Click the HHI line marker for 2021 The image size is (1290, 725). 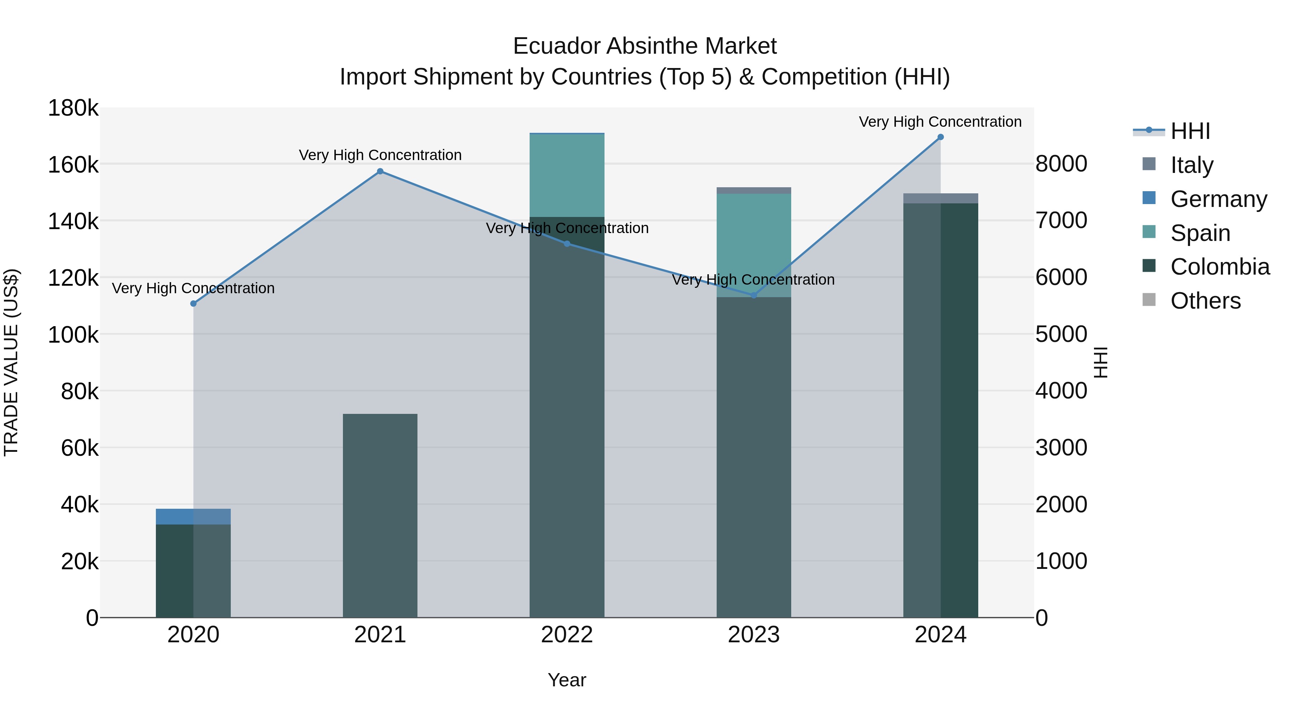[x=380, y=171]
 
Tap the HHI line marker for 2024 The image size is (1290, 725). [x=941, y=137]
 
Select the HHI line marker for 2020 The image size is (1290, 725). [x=193, y=304]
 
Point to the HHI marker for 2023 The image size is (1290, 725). [x=754, y=296]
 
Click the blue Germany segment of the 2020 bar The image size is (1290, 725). [x=193, y=516]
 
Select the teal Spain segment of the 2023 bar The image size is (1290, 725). [x=754, y=245]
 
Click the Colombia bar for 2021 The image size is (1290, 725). [x=380, y=515]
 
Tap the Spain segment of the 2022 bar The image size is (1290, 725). [x=567, y=175]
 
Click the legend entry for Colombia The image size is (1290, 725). [x=1219, y=267]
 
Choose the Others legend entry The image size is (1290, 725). [x=1205, y=301]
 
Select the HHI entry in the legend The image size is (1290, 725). [x=1190, y=131]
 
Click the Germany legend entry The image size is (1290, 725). [x=1218, y=199]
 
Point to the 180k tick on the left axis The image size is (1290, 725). [x=73, y=108]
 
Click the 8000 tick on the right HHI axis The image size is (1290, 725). [x=1061, y=164]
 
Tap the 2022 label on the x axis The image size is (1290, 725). [x=567, y=635]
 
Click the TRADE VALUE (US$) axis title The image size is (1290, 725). [x=11, y=362]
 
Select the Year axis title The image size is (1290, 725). [x=567, y=680]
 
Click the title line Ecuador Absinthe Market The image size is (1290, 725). [x=645, y=46]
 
